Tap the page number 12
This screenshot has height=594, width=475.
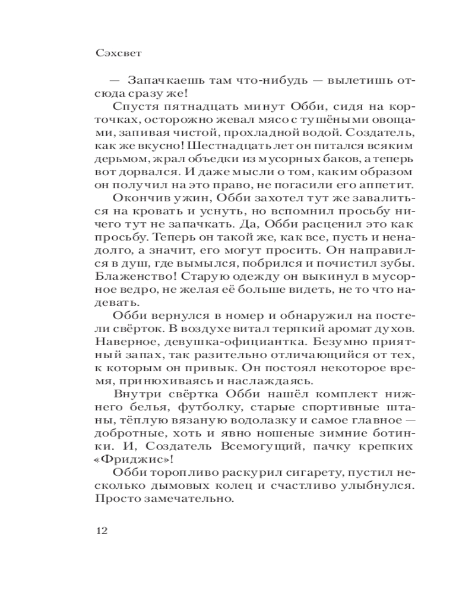(x=101, y=530)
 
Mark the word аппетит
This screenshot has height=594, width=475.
(x=382, y=185)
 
